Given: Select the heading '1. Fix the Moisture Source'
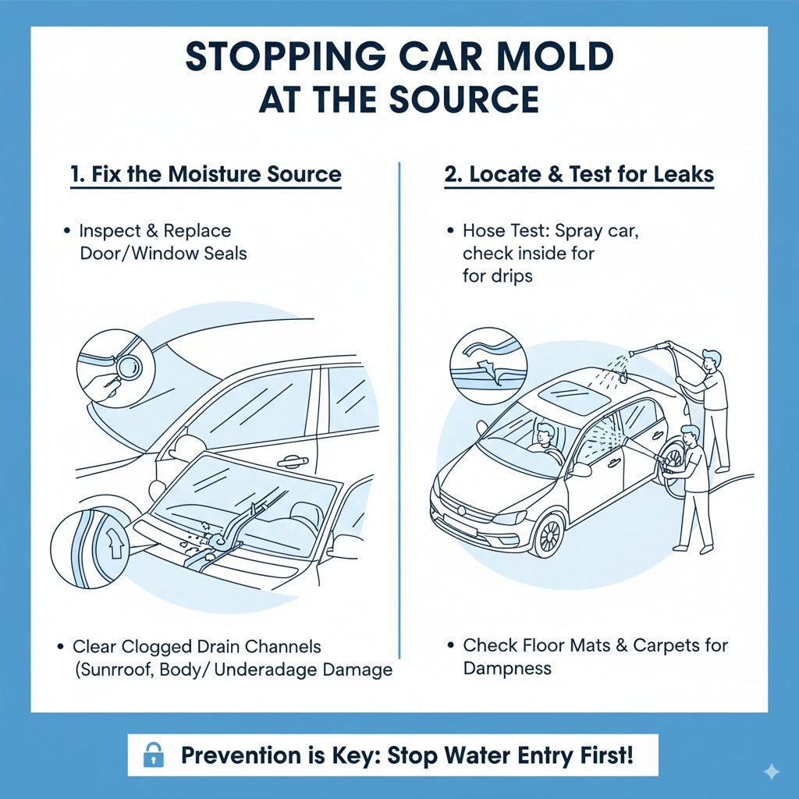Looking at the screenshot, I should click(206, 173).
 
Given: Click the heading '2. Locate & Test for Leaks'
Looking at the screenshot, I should click(579, 173).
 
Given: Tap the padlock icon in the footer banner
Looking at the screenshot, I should click(154, 755).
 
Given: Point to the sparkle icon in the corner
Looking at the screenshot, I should click(771, 772).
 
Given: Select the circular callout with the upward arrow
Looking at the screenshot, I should click(85, 545).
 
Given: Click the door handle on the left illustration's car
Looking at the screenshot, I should click(292, 462).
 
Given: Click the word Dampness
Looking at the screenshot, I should click(507, 668).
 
